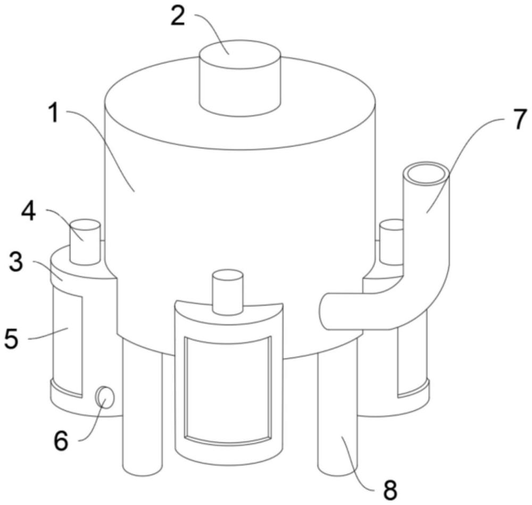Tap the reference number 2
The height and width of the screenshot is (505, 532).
178,17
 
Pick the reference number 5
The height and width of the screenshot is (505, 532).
11,339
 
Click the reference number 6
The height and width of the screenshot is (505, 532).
62,441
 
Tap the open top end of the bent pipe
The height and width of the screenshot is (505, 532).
426,174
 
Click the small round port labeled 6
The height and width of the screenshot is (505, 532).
105,398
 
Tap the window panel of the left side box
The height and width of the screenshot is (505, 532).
67,343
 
